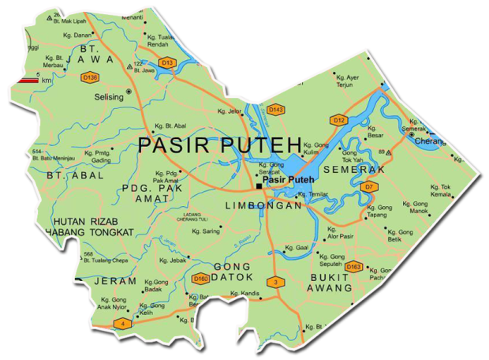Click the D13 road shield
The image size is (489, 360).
point(166,62)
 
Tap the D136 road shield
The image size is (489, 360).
point(90,77)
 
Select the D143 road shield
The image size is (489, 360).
point(276,109)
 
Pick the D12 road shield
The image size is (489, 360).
point(338,120)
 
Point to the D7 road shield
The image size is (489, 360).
point(368,186)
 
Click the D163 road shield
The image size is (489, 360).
point(353,267)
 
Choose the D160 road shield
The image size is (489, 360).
point(201,279)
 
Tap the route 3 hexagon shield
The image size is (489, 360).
point(275,282)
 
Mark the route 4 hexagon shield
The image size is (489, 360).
point(121,323)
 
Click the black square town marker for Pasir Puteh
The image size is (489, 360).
point(259,187)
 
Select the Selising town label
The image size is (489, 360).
point(109,96)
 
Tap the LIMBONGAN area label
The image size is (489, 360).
point(264,205)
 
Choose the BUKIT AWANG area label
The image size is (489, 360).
point(330,283)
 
